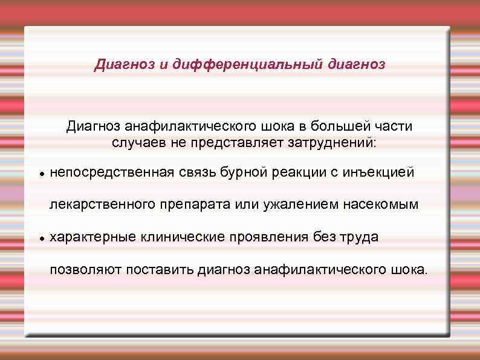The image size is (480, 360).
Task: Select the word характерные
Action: click(93, 237)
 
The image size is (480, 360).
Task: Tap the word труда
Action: click(359, 237)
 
